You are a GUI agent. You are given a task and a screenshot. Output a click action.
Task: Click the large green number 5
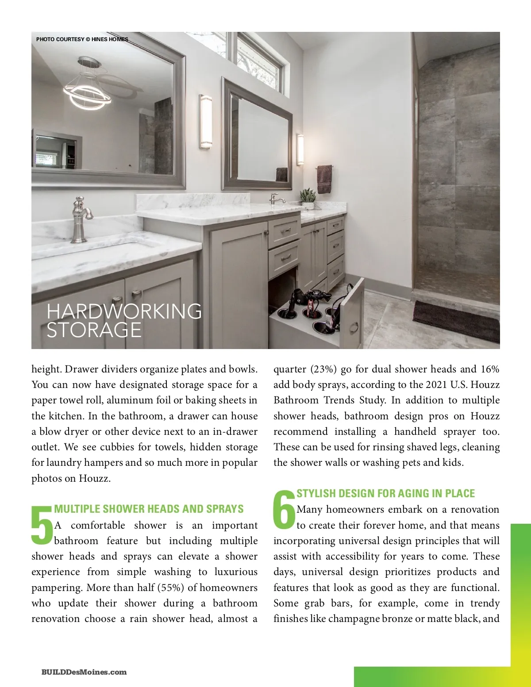point(42,525)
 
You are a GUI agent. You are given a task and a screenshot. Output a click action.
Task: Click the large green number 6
point(284,509)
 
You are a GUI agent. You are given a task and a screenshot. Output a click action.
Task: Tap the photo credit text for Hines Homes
point(82,39)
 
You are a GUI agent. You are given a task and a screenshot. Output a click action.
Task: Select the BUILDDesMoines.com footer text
point(84,672)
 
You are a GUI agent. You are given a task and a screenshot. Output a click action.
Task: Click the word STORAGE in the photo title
point(94,330)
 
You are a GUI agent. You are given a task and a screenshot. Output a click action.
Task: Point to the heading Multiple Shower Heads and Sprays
point(149,509)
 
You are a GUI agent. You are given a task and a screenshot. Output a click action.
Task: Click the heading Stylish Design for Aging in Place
point(385,494)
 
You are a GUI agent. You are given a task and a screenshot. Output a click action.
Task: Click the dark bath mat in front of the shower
point(456,320)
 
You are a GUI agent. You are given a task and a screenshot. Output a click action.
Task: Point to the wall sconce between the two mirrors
point(205,121)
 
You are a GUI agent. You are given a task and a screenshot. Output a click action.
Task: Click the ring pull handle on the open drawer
point(354,328)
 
